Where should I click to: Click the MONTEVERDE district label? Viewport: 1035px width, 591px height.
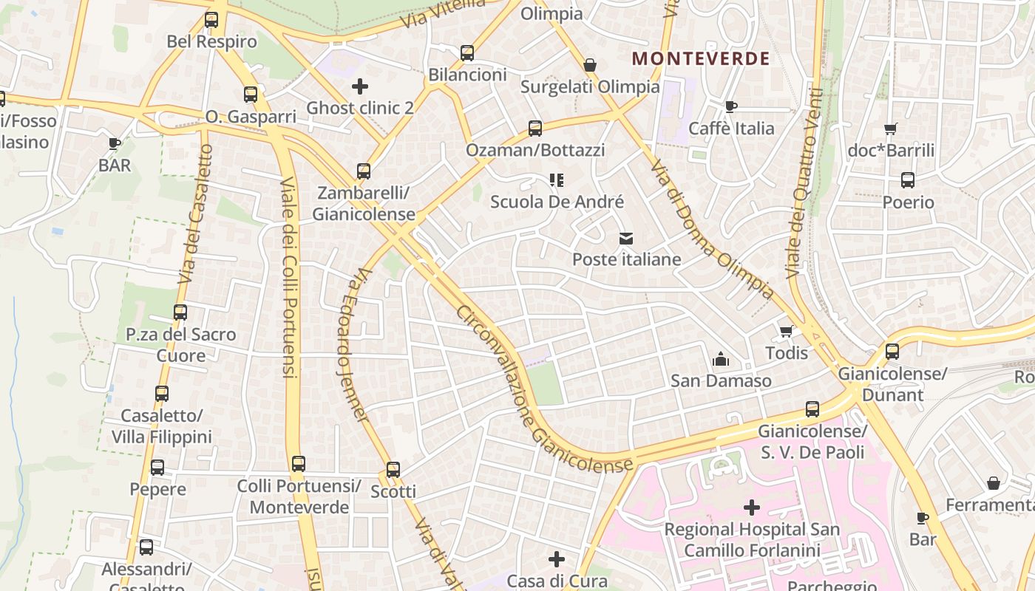(701, 58)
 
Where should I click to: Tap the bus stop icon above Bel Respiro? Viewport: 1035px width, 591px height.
(211, 20)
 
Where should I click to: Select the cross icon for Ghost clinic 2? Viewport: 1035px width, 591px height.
(360, 86)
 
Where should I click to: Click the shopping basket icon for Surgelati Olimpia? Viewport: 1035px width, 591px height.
(590, 65)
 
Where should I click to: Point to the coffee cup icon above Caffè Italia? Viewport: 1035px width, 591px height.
(731, 106)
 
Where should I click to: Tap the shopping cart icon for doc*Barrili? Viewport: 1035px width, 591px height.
(891, 129)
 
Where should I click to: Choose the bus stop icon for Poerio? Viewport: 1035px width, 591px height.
(908, 180)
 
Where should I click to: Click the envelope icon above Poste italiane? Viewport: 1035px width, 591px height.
(627, 238)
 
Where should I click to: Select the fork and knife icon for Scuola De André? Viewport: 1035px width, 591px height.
(557, 180)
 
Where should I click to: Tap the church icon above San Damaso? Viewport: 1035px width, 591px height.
(721, 360)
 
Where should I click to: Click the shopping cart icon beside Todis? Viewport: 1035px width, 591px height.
(786, 331)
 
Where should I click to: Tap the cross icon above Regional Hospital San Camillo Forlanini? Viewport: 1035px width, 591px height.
(752, 508)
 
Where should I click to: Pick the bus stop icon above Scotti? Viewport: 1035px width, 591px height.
(393, 469)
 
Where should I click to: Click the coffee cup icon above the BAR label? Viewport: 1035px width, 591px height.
(115, 143)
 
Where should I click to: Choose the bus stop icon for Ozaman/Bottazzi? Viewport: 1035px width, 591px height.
(535, 128)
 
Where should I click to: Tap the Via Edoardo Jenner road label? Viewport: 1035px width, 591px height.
(352, 346)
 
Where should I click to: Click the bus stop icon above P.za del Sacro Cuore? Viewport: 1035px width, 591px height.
(180, 312)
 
